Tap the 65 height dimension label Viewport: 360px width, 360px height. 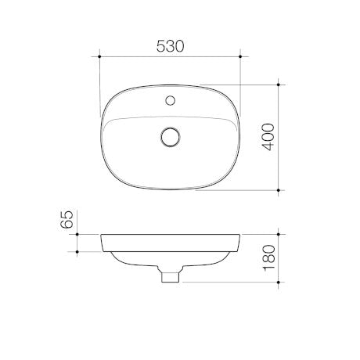tap(68, 218)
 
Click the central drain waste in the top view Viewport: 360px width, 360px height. tap(170, 137)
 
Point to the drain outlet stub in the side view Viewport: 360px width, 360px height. tap(169, 275)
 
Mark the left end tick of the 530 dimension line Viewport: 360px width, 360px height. tap(100, 56)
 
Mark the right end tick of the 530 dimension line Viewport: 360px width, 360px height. tap(239, 56)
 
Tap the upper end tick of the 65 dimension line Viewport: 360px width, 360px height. tap(79, 232)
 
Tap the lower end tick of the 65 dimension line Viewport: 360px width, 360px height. tap(79, 250)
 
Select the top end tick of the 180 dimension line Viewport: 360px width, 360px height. tap(282, 232)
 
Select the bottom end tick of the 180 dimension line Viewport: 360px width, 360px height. tap(282, 281)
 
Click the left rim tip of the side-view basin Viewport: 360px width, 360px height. tap(102, 234)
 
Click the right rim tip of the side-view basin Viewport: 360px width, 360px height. tap(239, 234)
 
